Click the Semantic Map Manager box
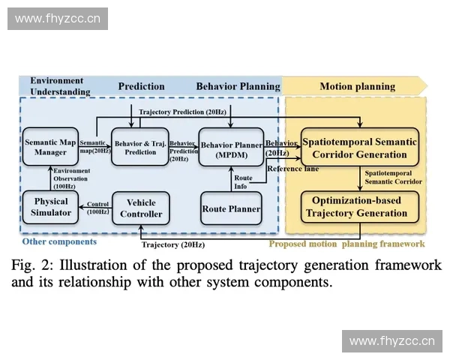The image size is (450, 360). tap(50, 147)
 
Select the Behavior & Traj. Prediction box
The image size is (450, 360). tap(140, 147)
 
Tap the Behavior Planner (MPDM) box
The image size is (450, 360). tap(231, 147)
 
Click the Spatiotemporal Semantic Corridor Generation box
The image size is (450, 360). tap(358, 148)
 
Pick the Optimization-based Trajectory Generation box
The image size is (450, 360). tap(358, 206)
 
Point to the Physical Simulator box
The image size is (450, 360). tap(50, 207)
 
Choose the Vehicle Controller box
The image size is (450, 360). tap(141, 208)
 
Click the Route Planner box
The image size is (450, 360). tap(231, 208)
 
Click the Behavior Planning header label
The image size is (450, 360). tap(238, 86)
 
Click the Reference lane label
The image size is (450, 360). tap(293, 169)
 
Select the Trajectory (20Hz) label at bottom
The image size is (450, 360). tap(172, 244)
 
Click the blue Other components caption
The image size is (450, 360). tap(59, 241)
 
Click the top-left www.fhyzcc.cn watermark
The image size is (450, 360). tap(57, 18)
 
